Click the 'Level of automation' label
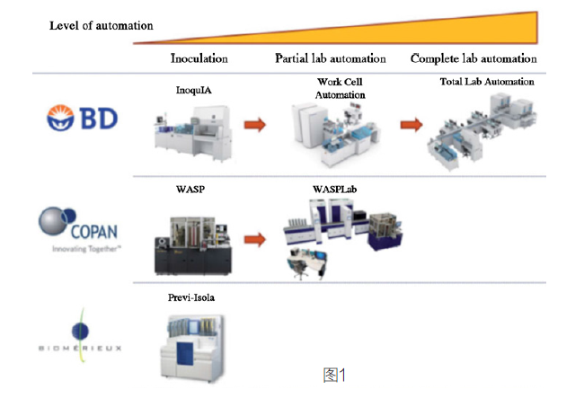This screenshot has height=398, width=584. pyautogui.click(x=101, y=25)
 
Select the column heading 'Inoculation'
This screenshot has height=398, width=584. pyautogui.click(x=199, y=58)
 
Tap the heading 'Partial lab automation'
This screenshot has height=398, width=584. pyautogui.click(x=330, y=58)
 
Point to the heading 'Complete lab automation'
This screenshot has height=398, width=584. pyautogui.click(x=473, y=58)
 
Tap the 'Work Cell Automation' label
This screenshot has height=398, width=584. pyautogui.click(x=341, y=88)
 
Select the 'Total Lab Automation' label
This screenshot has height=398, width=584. pyautogui.click(x=487, y=82)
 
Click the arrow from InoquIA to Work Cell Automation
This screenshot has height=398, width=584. pyautogui.click(x=256, y=124)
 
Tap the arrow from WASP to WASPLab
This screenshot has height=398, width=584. pyautogui.click(x=256, y=240)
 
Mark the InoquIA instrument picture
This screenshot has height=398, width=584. pyautogui.click(x=194, y=132)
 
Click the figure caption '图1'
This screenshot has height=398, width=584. pyautogui.click(x=334, y=376)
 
